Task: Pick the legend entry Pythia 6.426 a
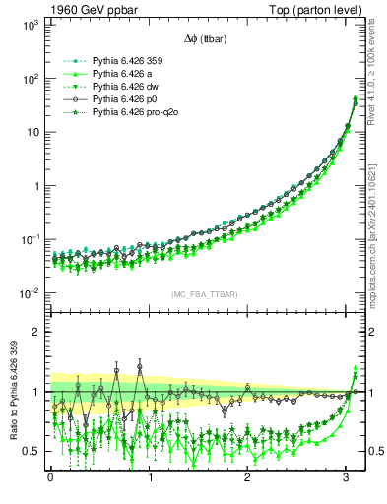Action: click(x=111, y=74)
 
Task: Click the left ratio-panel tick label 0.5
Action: click(x=31, y=452)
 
